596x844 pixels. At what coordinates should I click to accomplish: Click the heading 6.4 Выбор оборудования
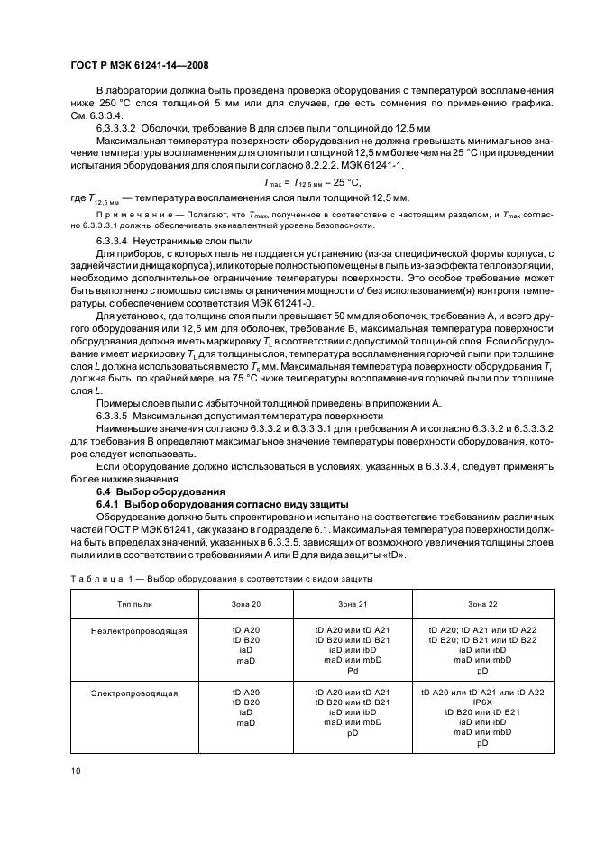coord(160,491)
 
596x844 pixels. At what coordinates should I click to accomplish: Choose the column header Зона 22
coord(481,601)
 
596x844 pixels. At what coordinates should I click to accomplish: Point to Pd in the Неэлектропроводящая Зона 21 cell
coord(352,670)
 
